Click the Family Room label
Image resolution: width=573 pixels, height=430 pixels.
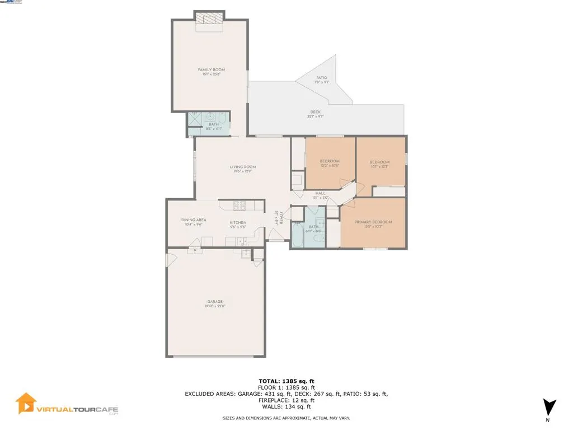coord(211,70)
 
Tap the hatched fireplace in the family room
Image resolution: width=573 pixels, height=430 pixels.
coord(209,18)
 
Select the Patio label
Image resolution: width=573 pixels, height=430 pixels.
coord(321,78)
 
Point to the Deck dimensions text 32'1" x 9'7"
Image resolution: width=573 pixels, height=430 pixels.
coord(316,116)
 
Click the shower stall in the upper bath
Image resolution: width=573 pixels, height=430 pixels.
coord(194,119)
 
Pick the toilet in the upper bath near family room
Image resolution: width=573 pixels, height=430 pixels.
coord(222,119)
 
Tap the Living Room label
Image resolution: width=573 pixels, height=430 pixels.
coord(243,167)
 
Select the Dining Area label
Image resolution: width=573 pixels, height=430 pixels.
coord(194,220)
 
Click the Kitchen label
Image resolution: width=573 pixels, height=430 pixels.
coord(238,222)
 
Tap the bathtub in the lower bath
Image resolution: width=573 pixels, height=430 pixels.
coord(297,235)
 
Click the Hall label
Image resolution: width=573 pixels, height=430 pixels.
coord(320,193)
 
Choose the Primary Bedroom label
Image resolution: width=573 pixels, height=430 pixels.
coord(373,222)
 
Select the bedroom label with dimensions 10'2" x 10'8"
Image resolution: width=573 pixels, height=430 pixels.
coord(330,161)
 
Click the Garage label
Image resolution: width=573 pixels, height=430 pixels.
coord(215,302)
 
